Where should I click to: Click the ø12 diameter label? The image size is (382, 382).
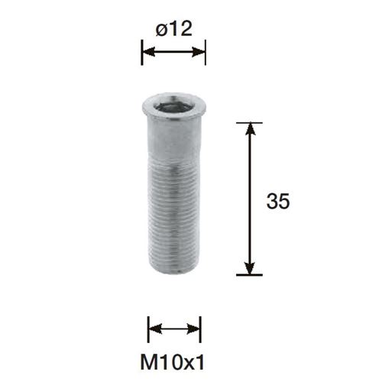click(173, 28)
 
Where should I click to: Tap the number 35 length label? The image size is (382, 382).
click(278, 201)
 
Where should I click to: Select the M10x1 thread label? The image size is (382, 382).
click(173, 363)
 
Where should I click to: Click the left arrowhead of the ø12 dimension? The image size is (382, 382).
click(149, 52)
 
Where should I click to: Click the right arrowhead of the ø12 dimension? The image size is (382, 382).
click(199, 52)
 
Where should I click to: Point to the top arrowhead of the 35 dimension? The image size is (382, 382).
click(250, 130)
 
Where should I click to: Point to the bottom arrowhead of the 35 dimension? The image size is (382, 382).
click(250, 267)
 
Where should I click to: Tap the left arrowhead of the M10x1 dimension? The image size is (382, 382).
click(155, 329)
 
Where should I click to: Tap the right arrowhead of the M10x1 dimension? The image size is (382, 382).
click(194, 329)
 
